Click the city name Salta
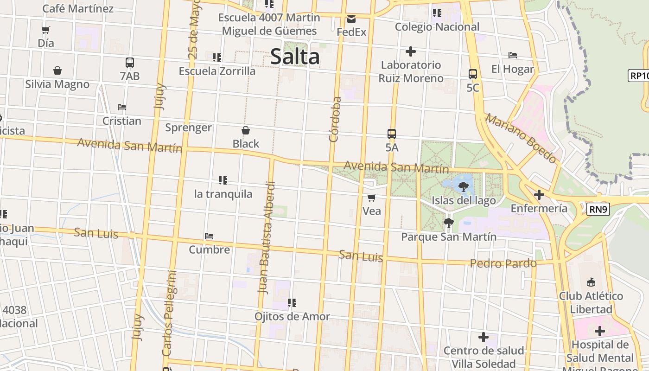point(295,57)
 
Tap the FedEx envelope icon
point(351,19)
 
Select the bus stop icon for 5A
point(392,134)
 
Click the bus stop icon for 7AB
point(130,63)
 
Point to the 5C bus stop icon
point(473,74)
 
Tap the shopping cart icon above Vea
point(371,198)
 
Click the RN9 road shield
point(598,210)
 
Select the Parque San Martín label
point(448,237)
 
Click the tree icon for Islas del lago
point(463,187)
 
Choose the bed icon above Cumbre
point(209,236)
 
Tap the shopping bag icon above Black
point(246,130)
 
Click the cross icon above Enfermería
point(539,195)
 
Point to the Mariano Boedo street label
point(521,138)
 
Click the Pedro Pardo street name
point(503,263)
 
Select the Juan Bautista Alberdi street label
point(267,237)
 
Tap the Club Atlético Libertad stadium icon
point(591,282)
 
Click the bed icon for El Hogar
point(513,55)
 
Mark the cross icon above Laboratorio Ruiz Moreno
point(410,51)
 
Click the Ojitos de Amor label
point(292,317)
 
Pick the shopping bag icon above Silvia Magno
point(57,70)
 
